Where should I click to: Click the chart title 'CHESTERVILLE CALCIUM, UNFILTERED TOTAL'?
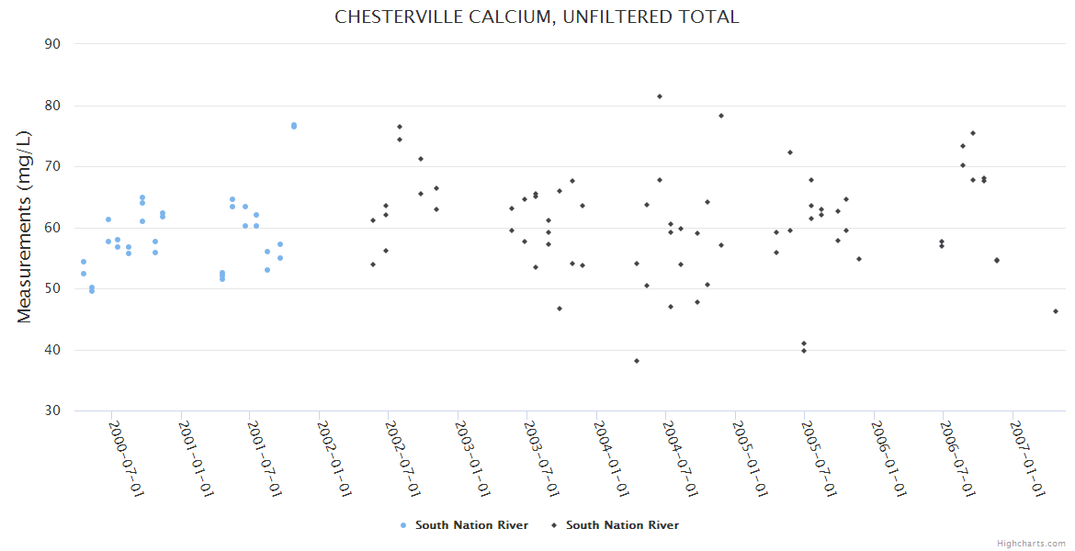[x=537, y=17]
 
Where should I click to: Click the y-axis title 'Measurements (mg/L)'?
[x=25, y=227]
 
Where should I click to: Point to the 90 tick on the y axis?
[x=52, y=44]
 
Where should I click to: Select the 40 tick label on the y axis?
[x=52, y=350]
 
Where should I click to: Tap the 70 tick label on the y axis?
[x=52, y=166]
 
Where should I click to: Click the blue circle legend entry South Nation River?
[x=464, y=525]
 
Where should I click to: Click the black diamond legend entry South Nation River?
[x=615, y=525]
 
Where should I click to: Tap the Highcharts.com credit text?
[x=1031, y=544]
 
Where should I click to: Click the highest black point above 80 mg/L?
[x=660, y=96]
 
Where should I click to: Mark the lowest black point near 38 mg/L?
[x=637, y=361]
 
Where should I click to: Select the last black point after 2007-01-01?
[x=1056, y=311]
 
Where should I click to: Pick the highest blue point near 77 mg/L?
[x=294, y=126]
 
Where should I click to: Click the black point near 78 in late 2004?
[x=721, y=116]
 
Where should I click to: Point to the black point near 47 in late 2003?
[x=560, y=309]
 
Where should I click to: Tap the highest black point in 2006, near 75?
[x=973, y=133]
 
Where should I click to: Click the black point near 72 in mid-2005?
[x=790, y=152]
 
